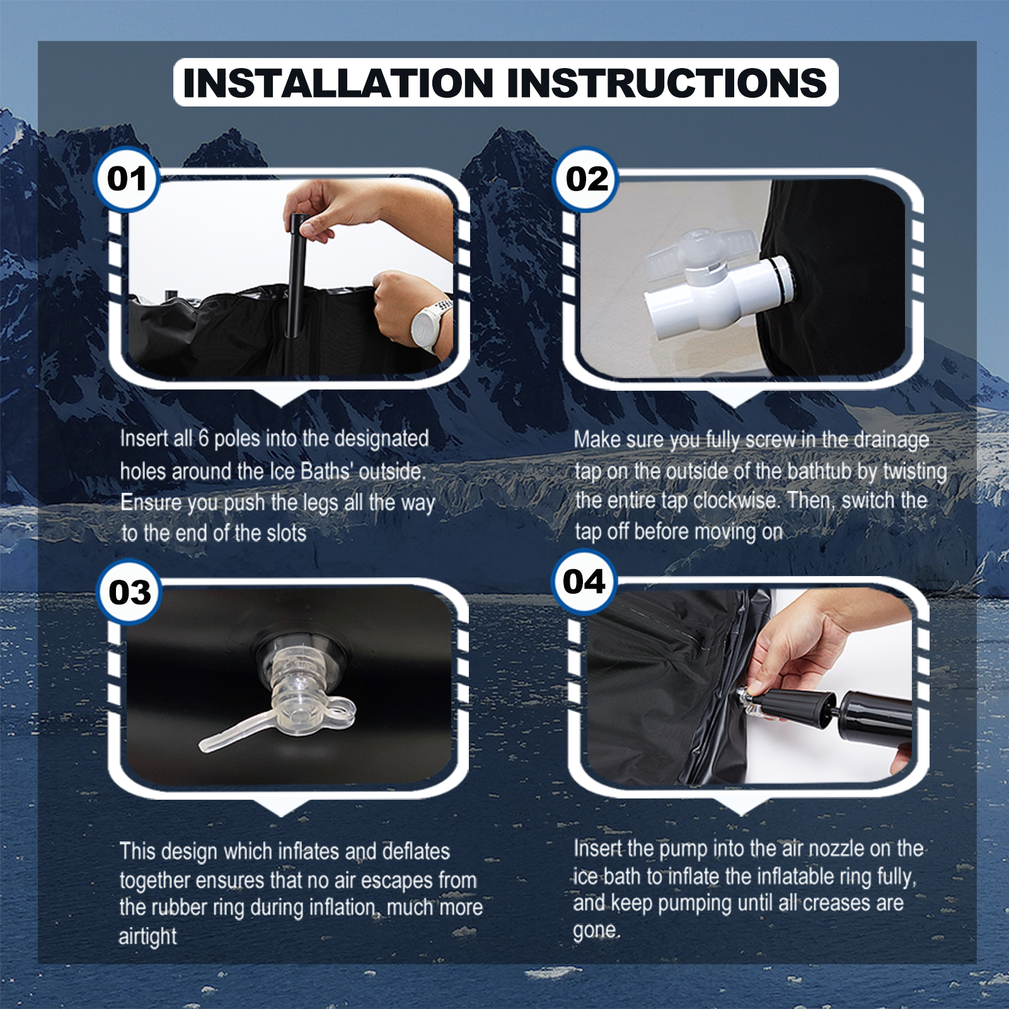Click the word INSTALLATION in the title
pos(338,83)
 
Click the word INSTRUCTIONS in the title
pos(667,83)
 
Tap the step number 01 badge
pos(127,179)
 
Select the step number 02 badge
pos(586,180)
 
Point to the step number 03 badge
pos(129,592)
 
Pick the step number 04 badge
pos(584,582)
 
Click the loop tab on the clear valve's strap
pos(340,711)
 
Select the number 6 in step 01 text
pos(204,439)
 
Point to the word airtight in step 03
pos(148,937)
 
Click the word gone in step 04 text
pos(595,931)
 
